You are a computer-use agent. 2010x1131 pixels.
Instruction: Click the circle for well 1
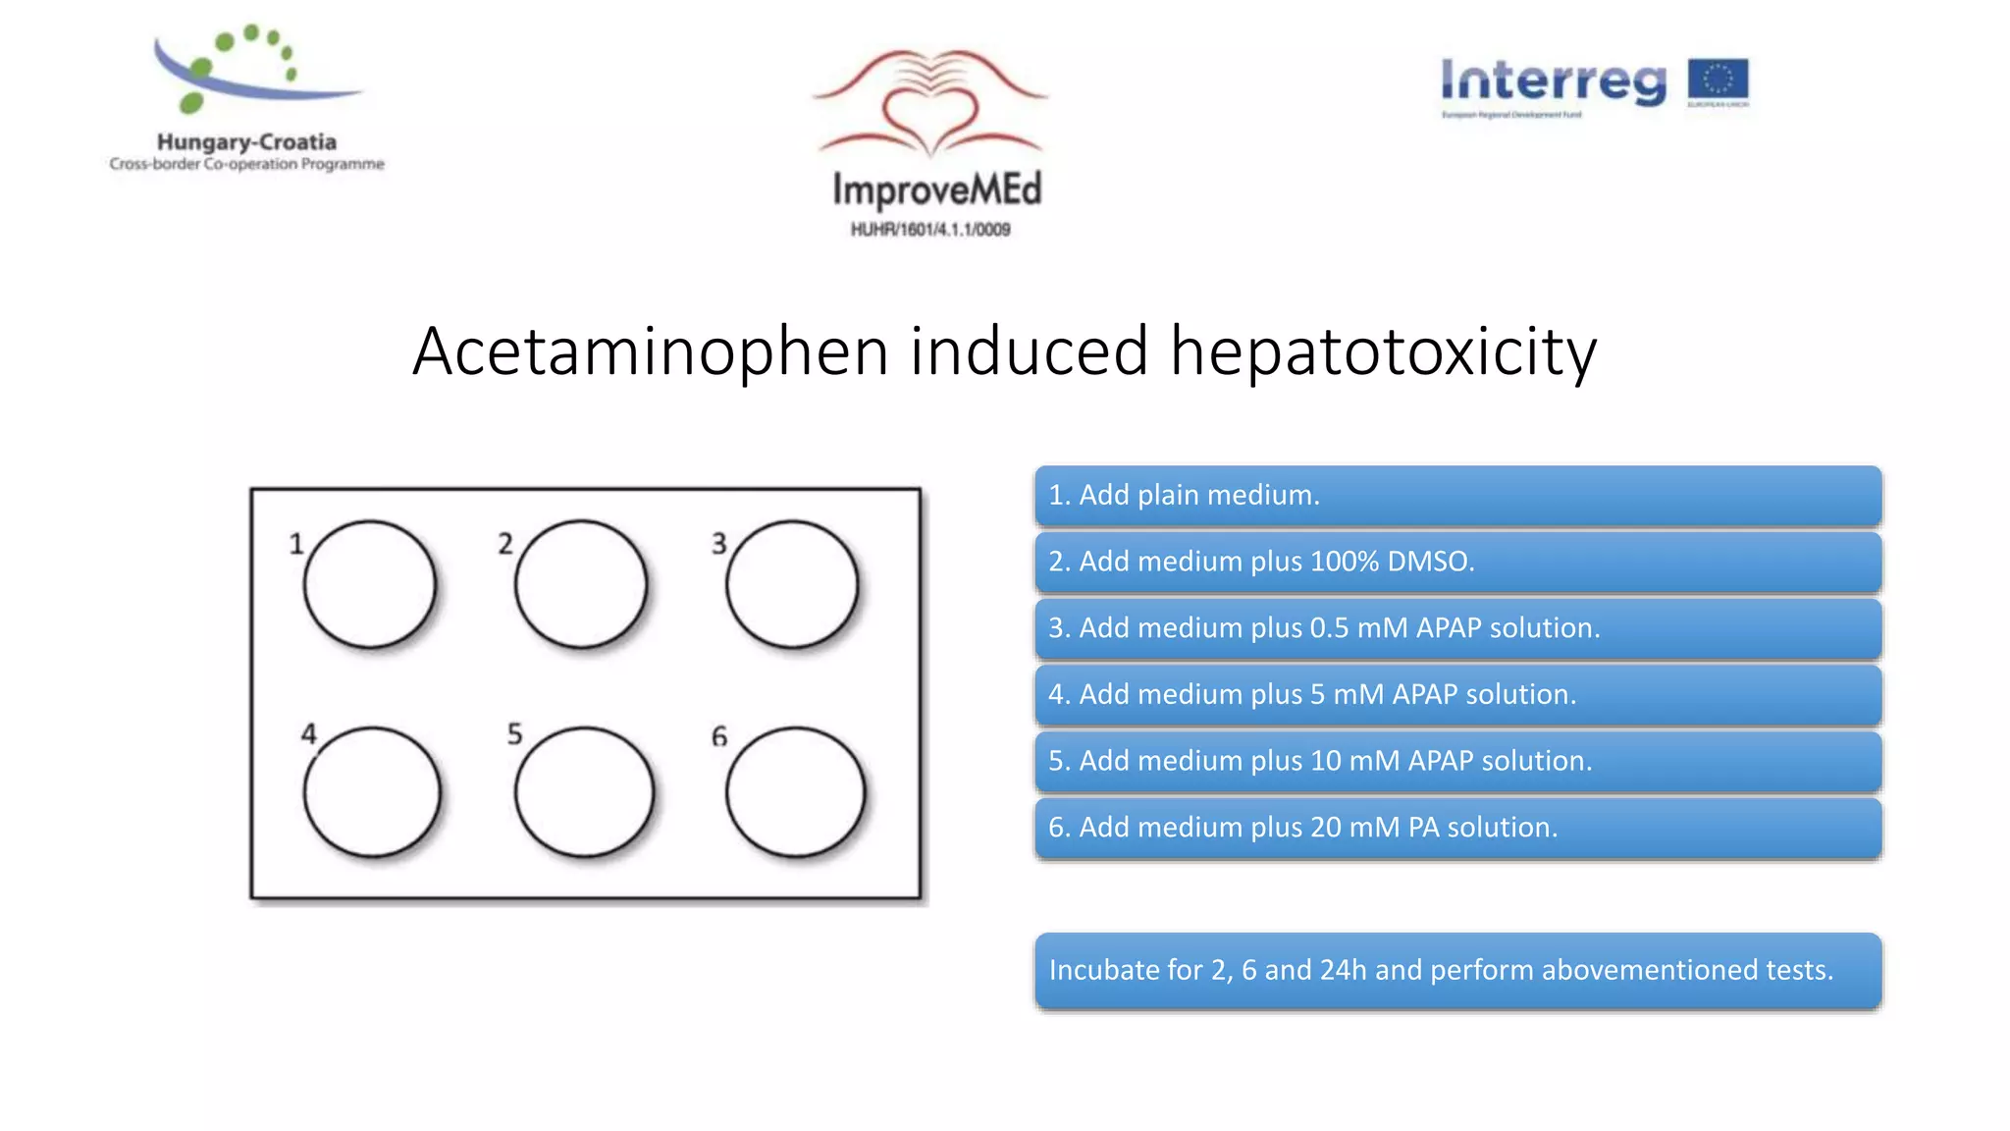pos(370,584)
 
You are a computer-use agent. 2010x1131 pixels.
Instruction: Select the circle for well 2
pos(581,584)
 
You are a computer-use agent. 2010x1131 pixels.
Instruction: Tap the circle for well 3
pos(792,584)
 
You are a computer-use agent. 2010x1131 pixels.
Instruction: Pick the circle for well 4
pos(372,791)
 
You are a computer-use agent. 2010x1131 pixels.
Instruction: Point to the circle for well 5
pos(584,791)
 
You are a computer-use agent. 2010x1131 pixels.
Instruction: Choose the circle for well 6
pos(796,791)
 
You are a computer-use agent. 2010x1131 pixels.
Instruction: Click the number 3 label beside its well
pos(719,543)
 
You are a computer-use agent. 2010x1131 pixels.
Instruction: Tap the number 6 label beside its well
pos(719,736)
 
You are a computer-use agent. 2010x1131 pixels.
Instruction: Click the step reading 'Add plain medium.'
pos(1457,495)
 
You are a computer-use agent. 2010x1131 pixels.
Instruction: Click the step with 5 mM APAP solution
pos(1457,695)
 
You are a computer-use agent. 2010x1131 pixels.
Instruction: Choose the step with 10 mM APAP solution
pos(1457,761)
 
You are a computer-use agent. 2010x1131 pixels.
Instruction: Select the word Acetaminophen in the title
pos(650,351)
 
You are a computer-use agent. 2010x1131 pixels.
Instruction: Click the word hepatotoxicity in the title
pos(1383,351)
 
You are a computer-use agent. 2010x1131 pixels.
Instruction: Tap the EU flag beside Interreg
pos(1718,81)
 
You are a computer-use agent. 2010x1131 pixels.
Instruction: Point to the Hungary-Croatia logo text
pos(246,142)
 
